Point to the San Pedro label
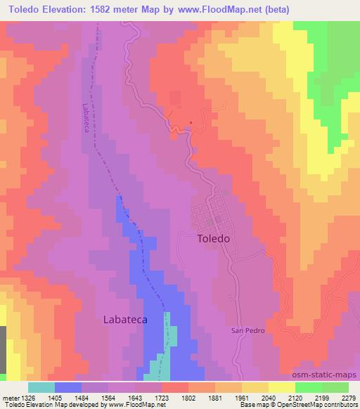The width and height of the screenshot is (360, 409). (x=248, y=330)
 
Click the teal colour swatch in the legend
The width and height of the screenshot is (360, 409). (x=41, y=387)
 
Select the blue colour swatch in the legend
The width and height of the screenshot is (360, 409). (x=68, y=387)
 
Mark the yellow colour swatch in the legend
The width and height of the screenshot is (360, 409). (x=281, y=387)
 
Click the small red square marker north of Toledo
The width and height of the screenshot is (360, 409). (x=190, y=122)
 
